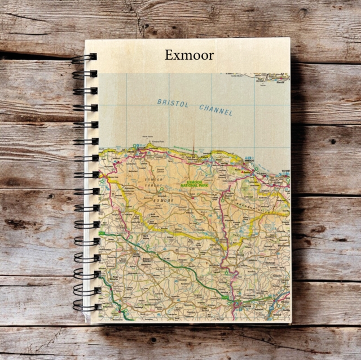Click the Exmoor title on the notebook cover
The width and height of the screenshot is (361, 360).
point(190,55)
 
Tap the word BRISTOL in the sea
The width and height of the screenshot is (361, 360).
point(174,102)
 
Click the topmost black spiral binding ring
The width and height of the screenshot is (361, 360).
point(84,57)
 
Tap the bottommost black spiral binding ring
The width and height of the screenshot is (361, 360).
point(85,308)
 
